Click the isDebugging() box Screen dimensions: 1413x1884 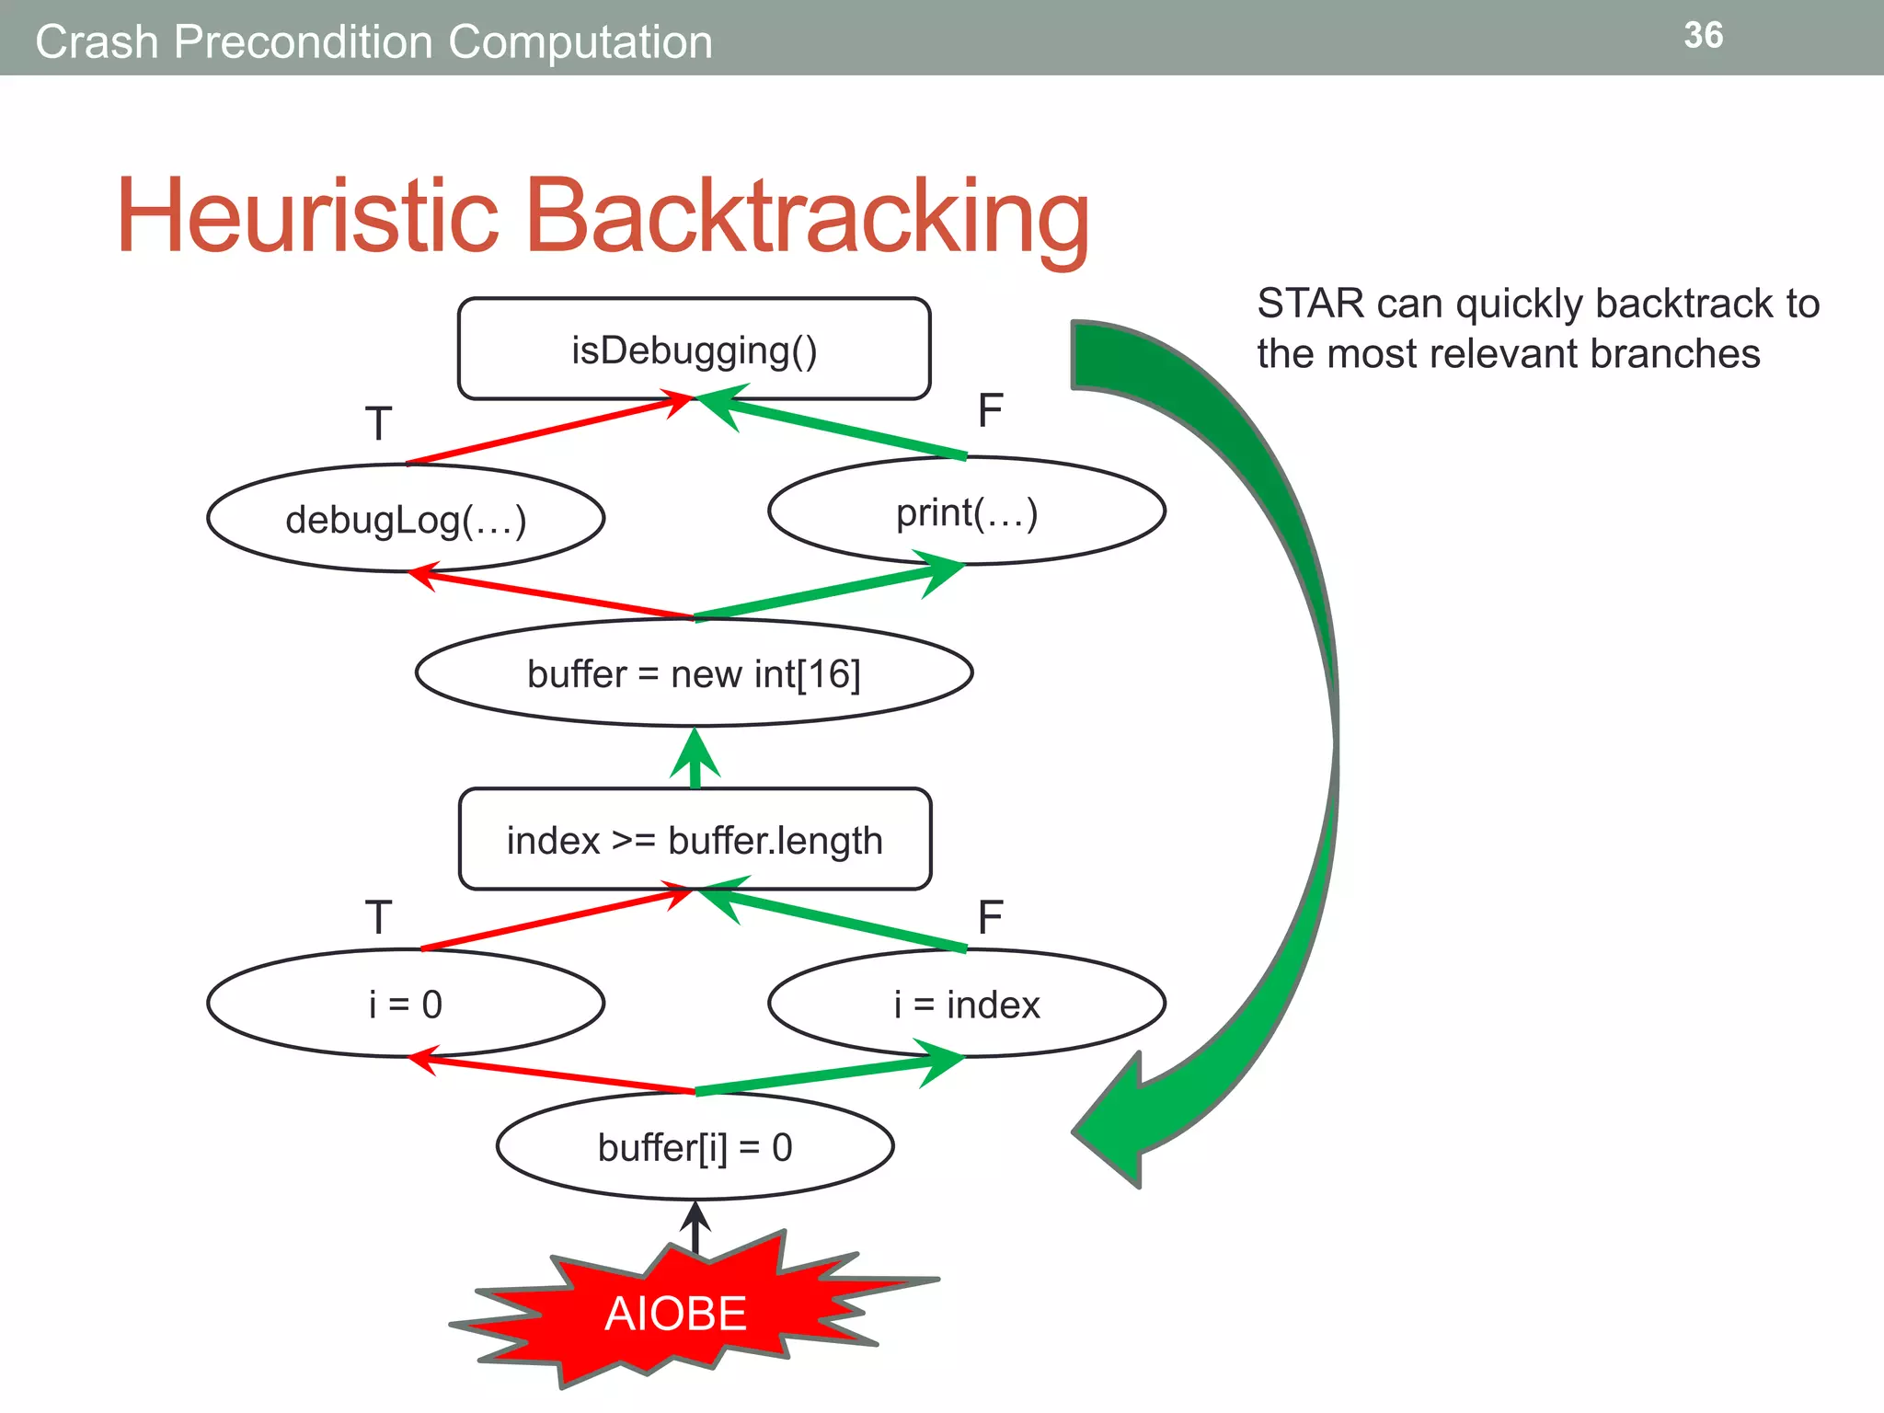coord(694,350)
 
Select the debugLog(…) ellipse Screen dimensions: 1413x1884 coord(406,519)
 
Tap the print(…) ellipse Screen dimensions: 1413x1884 coord(967,511)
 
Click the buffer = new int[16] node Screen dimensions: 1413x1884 coord(694,673)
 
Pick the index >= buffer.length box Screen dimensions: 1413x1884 coord(695,839)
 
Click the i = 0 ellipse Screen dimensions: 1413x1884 coord(406,1004)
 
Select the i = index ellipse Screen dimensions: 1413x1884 coord(967,1004)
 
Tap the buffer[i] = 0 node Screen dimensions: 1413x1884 coord(695,1147)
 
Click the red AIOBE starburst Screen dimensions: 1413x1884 coord(676,1313)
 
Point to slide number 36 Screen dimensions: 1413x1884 coord(1703,35)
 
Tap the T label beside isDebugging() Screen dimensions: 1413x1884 coord(378,424)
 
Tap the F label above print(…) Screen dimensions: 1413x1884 coord(990,410)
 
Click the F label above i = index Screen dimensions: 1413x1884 coord(990,917)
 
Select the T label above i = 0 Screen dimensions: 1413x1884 coord(378,917)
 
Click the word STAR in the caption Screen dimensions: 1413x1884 coord(1301,304)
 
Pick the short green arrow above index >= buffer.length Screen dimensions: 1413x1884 coord(695,758)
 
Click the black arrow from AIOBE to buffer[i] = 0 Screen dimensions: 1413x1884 coord(695,1227)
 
